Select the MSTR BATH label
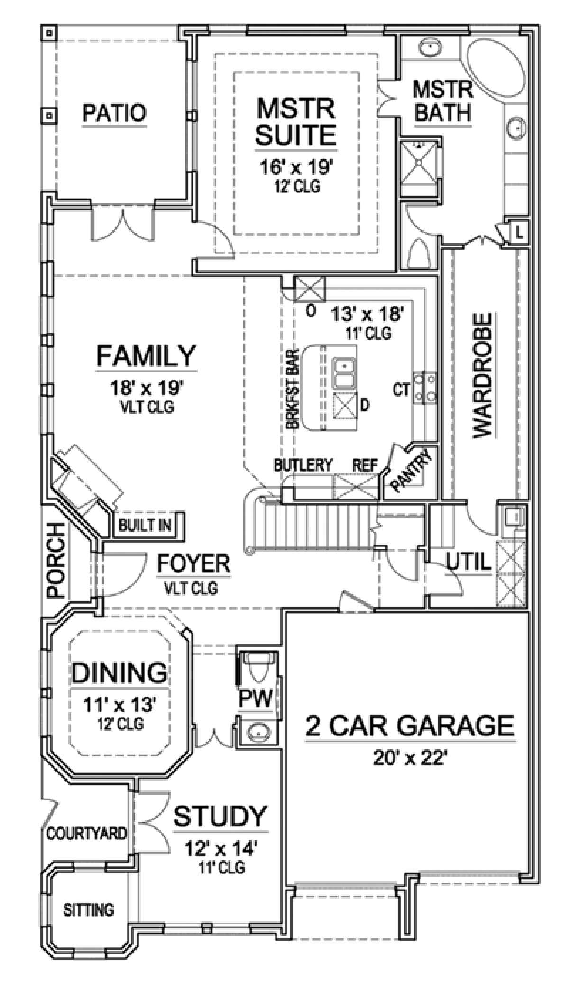443,101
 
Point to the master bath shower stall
421,162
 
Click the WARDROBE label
483,374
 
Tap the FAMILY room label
146,356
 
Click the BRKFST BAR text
293,390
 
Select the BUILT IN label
145,525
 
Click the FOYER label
193,564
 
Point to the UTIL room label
468,563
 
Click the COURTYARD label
87,833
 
